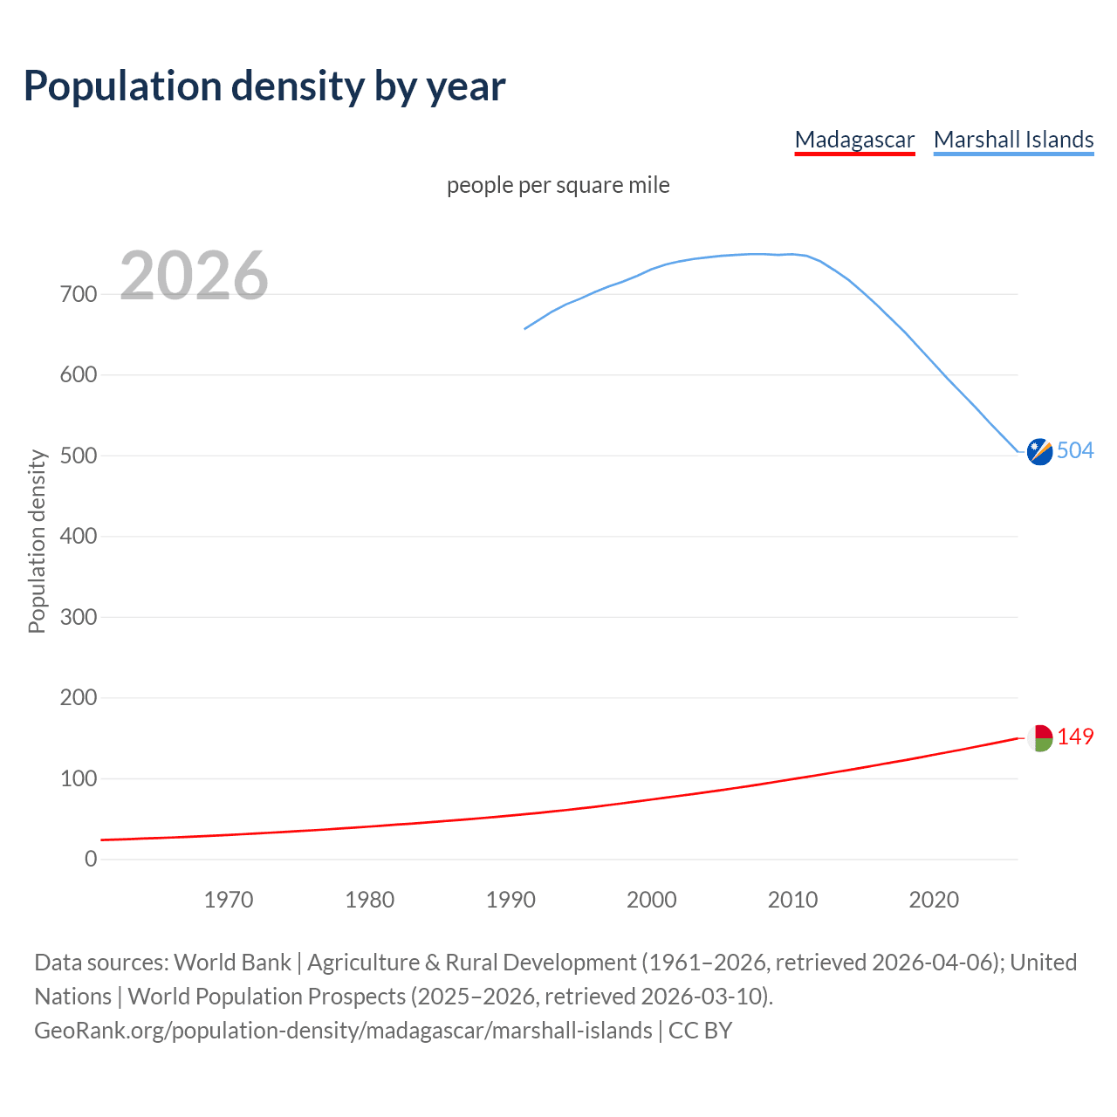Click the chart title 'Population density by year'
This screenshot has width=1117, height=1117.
(264, 86)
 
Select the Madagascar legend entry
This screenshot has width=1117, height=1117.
(854, 140)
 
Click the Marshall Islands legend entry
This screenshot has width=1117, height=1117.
(1013, 140)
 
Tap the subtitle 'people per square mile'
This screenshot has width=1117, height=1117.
(558, 185)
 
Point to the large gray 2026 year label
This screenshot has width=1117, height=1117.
(194, 276)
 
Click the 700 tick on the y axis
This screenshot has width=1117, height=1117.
(79, 294)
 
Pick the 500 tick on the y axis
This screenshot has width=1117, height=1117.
(79, 456)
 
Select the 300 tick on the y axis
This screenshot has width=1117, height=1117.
(79, 617)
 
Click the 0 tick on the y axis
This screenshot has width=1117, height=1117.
(91, 859)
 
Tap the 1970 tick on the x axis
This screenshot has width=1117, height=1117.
(229, 900)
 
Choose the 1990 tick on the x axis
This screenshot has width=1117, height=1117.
(511, 900)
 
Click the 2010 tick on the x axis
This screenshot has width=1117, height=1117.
(792, 900)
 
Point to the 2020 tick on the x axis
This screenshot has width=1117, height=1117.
(934, 900)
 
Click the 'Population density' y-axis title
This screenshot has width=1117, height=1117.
(37, 541)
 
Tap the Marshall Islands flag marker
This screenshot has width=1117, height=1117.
(1039, 451)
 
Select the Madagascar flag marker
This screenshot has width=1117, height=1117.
(1039, 737)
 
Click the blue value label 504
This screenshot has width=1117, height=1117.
(1075, 450)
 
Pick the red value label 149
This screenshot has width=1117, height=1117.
(1075, 737)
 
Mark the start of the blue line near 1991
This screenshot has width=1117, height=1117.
(525, 329)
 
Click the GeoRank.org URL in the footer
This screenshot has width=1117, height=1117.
(343, 1031)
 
